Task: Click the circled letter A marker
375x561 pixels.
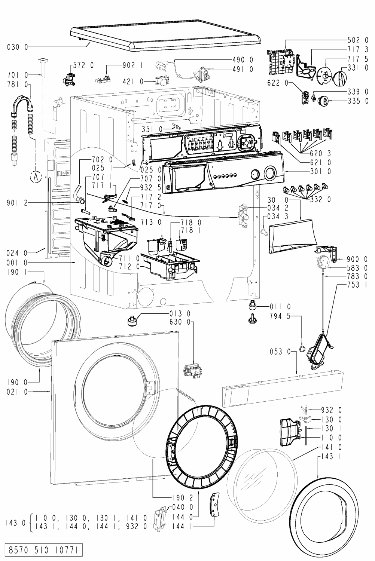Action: (36, 177)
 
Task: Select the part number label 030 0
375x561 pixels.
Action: (18, 47)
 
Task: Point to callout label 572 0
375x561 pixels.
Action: (83, 65)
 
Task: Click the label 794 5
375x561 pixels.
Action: (280, 316)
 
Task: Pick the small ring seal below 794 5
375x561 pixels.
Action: (302, 349)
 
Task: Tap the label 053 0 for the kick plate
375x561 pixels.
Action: (280, 352)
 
